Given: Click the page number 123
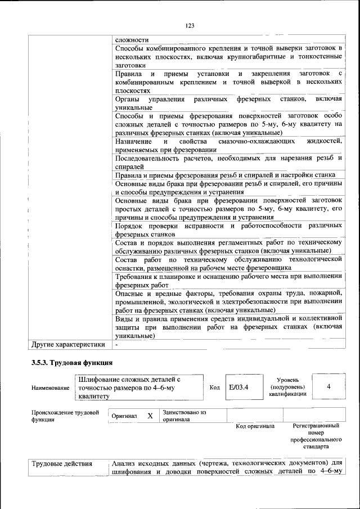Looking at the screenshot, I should (x=190, y=25).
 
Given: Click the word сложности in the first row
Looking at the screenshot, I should (x=132, y=40).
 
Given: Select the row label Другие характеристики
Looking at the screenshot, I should (x=68, y=344).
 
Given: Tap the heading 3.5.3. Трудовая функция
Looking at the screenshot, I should (x=72, y=362).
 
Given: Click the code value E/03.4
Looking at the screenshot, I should (x=238, y=387).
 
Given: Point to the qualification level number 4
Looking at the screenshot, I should (x=328, y=386).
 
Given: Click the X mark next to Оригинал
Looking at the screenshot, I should (x=150, y=416).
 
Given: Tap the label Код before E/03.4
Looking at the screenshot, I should (x=214, y=388).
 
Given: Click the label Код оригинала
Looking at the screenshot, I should (x=255, y=426).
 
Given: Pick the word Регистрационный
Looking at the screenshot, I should (x=317, y=426).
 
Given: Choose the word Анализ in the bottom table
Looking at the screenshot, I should (x=124, y=463).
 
